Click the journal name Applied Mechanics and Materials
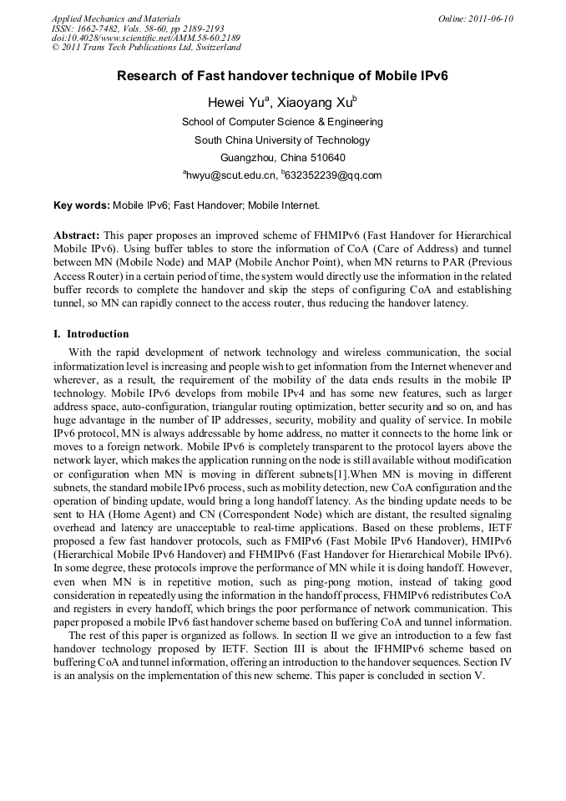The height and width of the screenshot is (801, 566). pos(115,18)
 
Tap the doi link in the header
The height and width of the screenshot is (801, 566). pos(146,38)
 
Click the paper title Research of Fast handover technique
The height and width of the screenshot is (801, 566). pos(282,75)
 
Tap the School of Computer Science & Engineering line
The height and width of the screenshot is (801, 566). pos(282,122)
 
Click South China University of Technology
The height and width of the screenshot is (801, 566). pos(282,140)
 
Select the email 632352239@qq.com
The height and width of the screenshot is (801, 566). pos(333,175)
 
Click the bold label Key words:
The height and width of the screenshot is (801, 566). pos(81,204)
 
